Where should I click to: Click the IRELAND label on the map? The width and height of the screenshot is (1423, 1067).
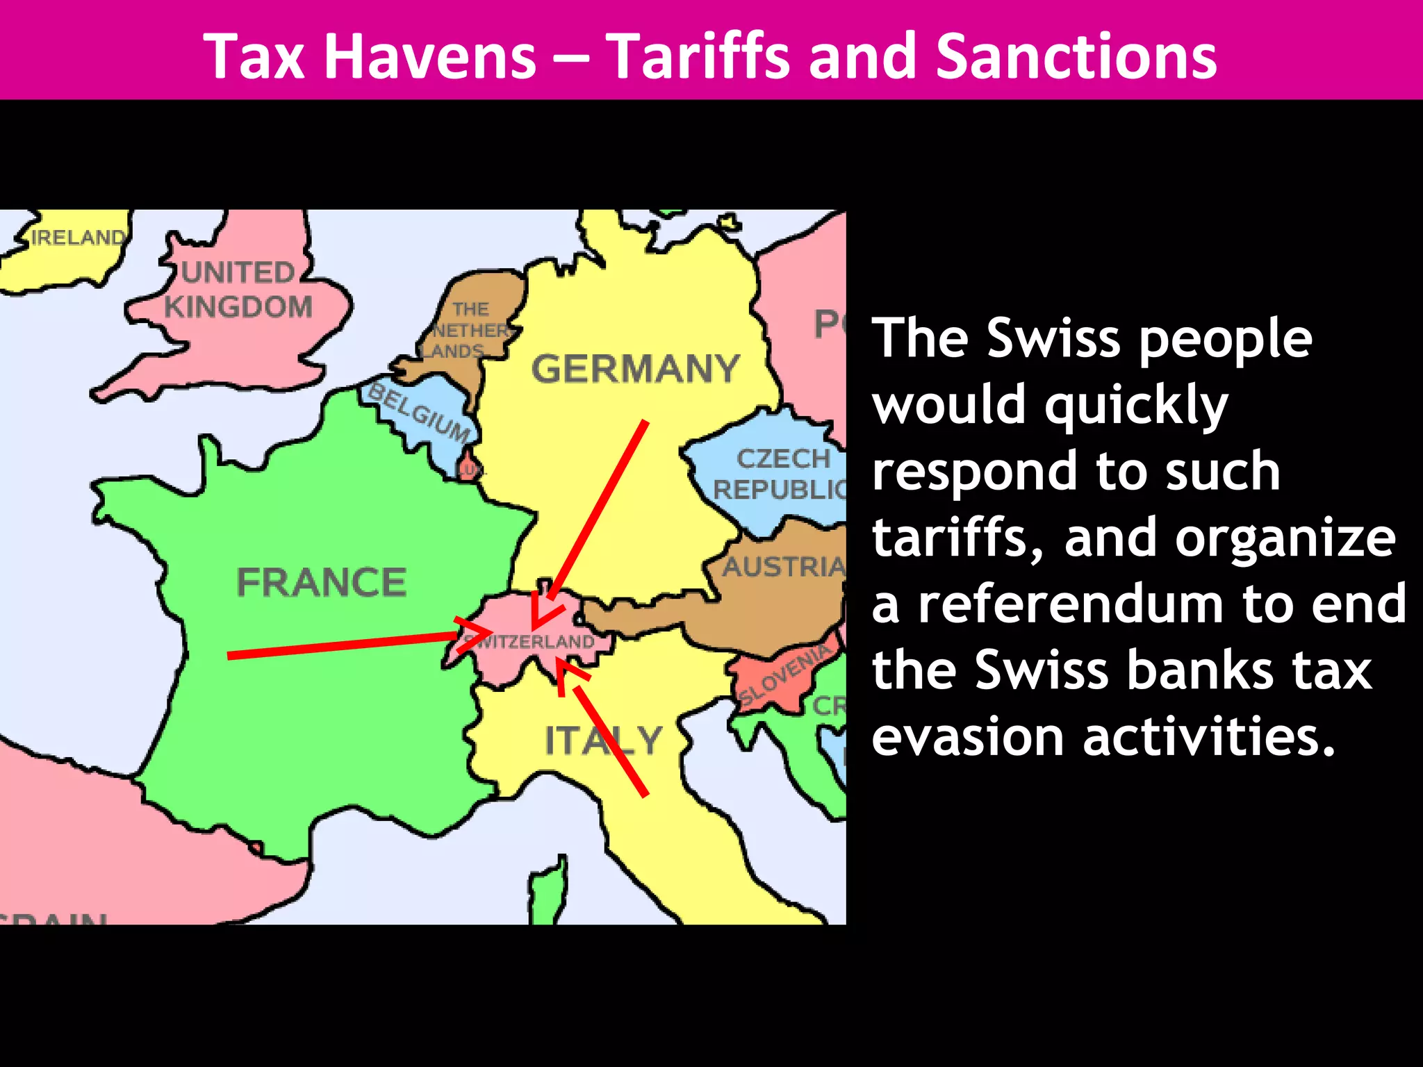click(x=78, y=238)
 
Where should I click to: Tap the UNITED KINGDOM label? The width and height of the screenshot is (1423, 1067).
click(x=238, y=290)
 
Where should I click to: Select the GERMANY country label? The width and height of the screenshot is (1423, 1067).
click(x=635, y=368)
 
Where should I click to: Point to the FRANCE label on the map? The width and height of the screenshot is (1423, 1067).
click(x=321, y=582)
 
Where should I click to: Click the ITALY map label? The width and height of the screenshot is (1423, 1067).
click(x=603, y=740)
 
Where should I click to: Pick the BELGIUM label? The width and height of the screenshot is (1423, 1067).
click(x=418, y=413)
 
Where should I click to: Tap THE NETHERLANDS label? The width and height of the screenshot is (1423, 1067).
click(x=467, y=330)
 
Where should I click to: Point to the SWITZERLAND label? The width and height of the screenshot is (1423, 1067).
click(x=532, y=641)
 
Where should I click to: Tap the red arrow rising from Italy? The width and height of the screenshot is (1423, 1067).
click(x=608, y=736)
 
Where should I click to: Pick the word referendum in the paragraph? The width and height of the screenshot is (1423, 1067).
click(x=1071, y=604)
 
